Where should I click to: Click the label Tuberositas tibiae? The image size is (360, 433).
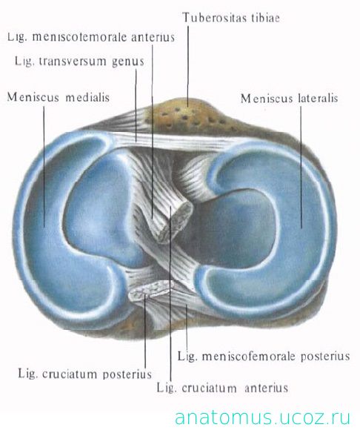231,18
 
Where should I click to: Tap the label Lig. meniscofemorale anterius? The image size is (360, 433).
91,37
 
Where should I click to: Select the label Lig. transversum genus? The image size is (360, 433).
79,62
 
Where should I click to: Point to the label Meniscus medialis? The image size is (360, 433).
59,97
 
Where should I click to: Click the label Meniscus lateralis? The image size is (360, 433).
290,99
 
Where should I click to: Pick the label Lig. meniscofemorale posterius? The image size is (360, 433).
264,356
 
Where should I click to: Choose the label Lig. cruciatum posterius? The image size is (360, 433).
85,374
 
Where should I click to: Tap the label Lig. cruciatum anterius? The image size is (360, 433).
222,388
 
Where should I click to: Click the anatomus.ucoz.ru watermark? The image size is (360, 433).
263,417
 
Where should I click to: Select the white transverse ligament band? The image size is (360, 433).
176,142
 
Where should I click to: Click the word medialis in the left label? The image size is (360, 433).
87,97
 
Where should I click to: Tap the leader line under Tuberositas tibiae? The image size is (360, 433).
188,66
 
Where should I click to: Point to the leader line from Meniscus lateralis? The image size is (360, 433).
301,168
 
